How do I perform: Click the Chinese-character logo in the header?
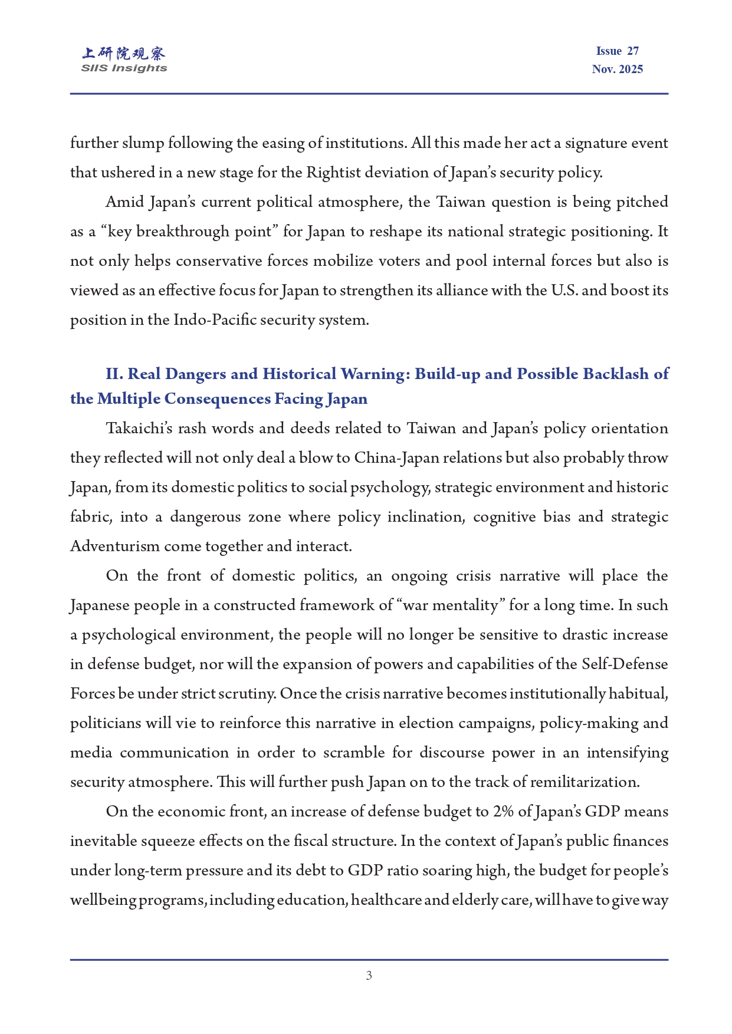point(124,54)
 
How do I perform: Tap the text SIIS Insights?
point(124,68)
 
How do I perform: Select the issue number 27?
point(633,51)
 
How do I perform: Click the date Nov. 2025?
point(618,70)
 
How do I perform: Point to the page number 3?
point(369,976)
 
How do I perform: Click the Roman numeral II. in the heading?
point(114,374)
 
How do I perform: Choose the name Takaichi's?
point(139,429)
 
